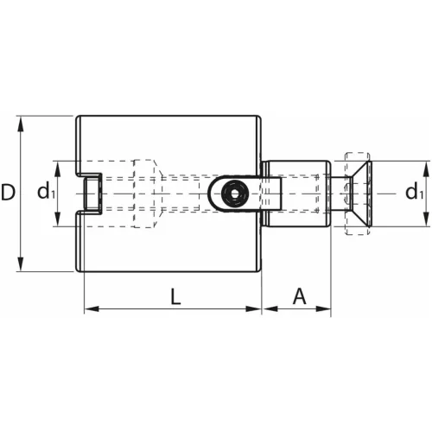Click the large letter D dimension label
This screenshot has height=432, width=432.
pyautogui.click(x=9, y=193)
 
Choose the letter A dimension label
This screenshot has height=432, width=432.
pyautogui.click(x=299, y=296)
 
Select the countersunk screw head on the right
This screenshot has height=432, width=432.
pyautogui.click(x=355, y=193)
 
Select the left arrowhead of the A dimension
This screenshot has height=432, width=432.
pyautogui.click(x=268, y=308)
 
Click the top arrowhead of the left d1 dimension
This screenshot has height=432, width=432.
pyautogui.click(x=58, y=166)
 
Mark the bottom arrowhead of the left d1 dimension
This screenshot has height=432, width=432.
pyautogui.click(x=58, y=221)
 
